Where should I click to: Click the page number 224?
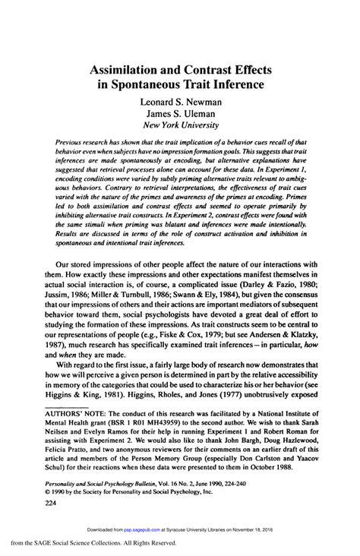(x=33, y=481)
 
